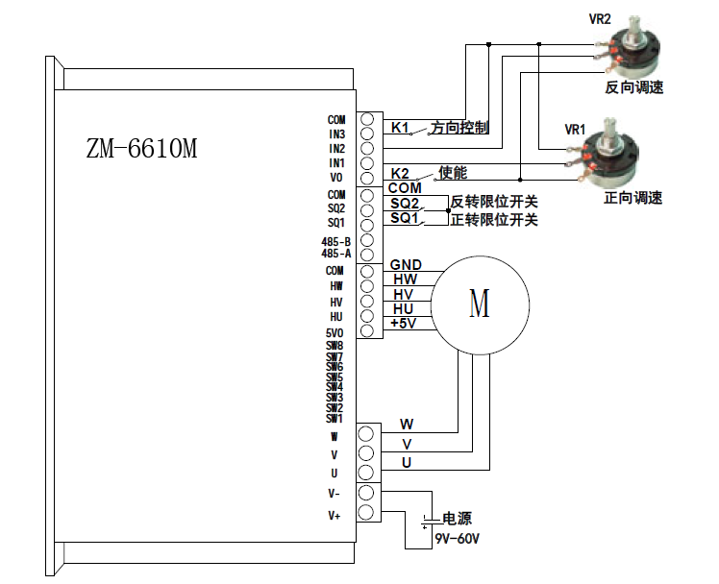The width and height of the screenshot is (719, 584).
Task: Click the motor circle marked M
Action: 479,304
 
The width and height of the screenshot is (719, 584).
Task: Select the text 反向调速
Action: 633,87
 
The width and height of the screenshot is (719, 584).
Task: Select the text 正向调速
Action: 632,199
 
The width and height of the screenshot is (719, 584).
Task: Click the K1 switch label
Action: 400,128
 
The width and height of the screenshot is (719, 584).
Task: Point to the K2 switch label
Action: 400,173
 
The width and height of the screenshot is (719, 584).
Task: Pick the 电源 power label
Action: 457,519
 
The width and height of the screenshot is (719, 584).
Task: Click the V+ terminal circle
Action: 366,515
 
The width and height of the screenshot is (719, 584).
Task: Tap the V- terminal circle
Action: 366,494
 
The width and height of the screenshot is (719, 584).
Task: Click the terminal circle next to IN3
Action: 366,134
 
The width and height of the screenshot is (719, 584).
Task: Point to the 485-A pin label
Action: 336,254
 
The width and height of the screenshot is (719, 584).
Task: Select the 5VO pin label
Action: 335,332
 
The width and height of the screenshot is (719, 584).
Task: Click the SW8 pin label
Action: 335,345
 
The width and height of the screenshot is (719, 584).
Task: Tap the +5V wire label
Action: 404,324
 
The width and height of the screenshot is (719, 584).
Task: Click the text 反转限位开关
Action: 493,202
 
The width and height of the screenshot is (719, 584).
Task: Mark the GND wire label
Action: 404,264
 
